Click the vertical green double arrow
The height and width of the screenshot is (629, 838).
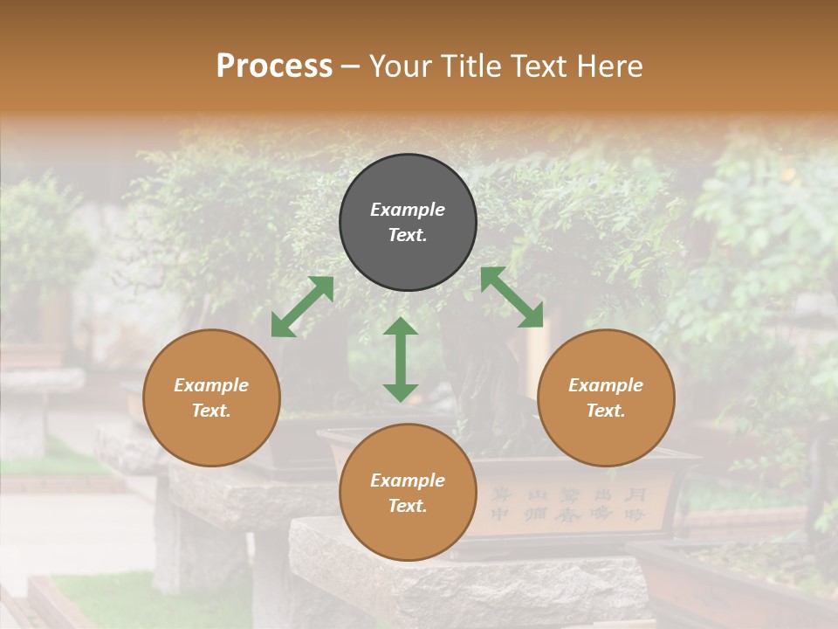(x=401, y=359)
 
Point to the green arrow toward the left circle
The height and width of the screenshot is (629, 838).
(x=302, y=307)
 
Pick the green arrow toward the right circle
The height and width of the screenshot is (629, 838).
(x=512, y=297)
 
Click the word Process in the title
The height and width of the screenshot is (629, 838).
(x=274, y=66)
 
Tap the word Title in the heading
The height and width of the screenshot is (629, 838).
(x=472, y=66)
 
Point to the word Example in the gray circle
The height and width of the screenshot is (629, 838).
(x=408, y=210)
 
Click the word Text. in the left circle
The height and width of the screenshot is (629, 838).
(x=211, y=411)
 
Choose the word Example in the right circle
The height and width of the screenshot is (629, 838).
(x=606, y=385)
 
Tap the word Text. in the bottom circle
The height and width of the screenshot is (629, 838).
(x=408, y=506)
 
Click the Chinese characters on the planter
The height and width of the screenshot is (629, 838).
(x=567, y=505)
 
